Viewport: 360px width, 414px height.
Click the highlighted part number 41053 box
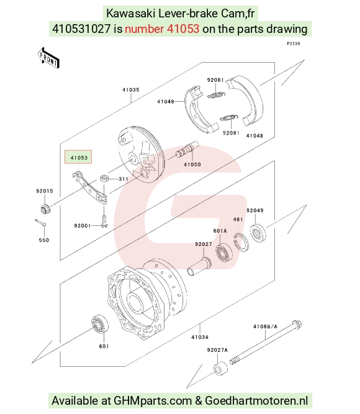pyautogui.click(x=78, y=157)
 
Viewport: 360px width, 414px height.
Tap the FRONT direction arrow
pyautogui.click(x=48, y=58)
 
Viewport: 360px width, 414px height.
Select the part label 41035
pyautogui.click(x=131, y=90)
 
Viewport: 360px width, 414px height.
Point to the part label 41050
pyautogui.click(x=192, y=164)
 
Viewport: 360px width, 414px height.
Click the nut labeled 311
pyautogui.click(x=104, y=178)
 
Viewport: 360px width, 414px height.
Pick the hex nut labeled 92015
pyautogui.click(x=45, y=209)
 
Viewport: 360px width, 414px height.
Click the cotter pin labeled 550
pyautogui.click(x=40, y=223)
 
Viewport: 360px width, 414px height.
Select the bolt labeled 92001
pyautogui.click(x=104, y=221)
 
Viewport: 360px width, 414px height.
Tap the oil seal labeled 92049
pyautogui.click(x=258, y=233)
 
